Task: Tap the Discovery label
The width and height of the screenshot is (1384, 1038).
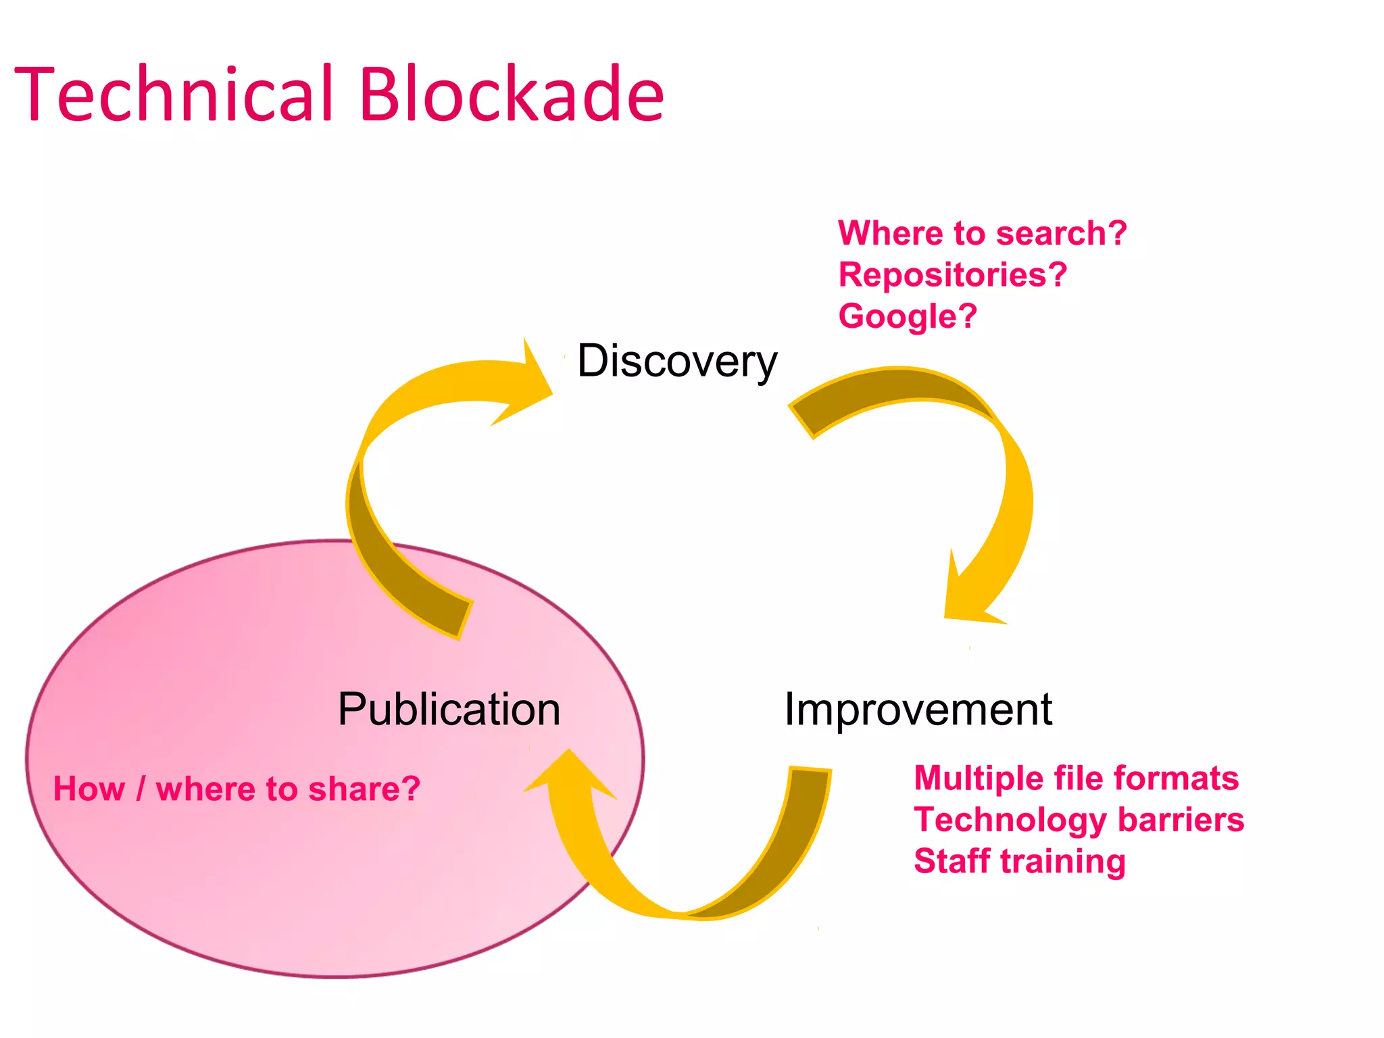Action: click(x=676, y=361)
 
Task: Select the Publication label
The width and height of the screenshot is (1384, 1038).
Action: click(x=449, y=710)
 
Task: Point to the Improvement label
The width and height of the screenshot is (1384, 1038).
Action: click(x=917, y=710)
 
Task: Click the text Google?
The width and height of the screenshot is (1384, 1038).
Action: click(x=907, y=316)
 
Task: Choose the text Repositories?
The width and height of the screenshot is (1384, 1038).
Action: click(x=952, y=275)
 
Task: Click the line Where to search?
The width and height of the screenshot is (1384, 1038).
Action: click(x=982, y=233)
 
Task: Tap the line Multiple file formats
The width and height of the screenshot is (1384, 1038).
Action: click(x=1076, y=778)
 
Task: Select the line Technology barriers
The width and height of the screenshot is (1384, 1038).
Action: click(x=1079, y=820)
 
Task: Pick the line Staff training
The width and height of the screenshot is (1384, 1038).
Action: click(x=1019, y=862)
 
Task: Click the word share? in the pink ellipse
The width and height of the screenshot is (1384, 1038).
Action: click(x=364, y=789)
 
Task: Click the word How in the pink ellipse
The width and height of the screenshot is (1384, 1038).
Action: click(x=89, y=789)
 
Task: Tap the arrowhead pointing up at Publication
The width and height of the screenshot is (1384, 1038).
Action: click(x=570, y=777)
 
